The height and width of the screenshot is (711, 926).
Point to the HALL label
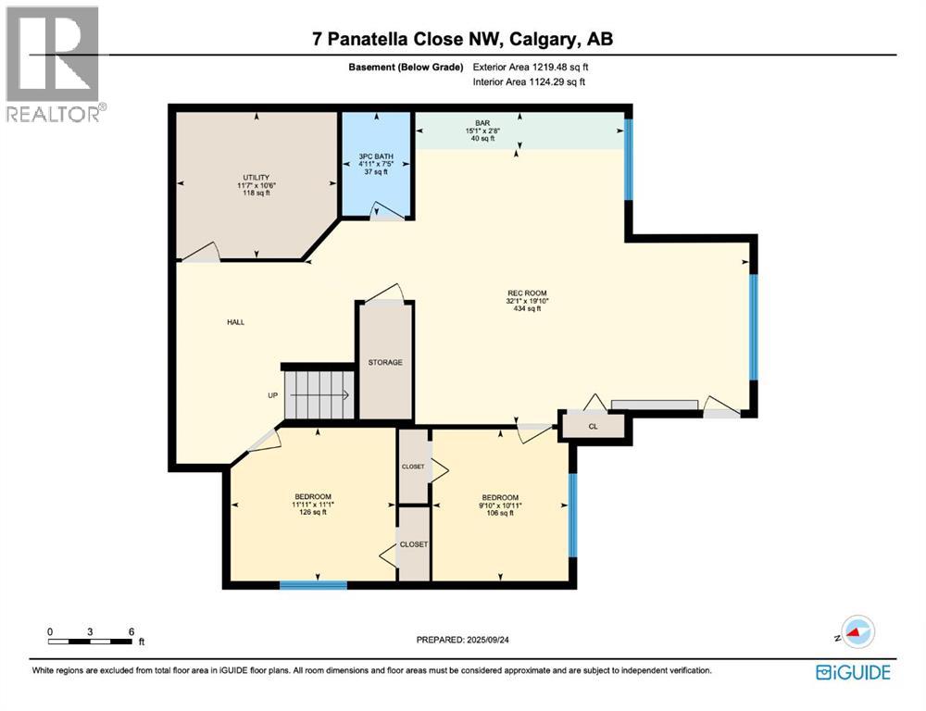[x=236, y=322]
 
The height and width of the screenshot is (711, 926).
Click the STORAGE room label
[x=385, y=362]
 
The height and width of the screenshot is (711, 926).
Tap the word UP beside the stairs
[x=272, y=395]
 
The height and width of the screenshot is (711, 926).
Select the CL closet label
[x=594, y=427]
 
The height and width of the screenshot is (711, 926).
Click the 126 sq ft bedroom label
[x=313, y=505]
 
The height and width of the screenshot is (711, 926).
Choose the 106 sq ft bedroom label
[x=500, y=505]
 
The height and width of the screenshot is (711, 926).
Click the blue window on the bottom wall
[x=313, y=584]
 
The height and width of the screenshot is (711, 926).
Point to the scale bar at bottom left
[x=93, y=640]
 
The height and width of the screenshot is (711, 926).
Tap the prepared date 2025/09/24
[x=463, y=640]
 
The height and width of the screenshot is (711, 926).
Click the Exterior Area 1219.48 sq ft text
[x=531, y=67]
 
